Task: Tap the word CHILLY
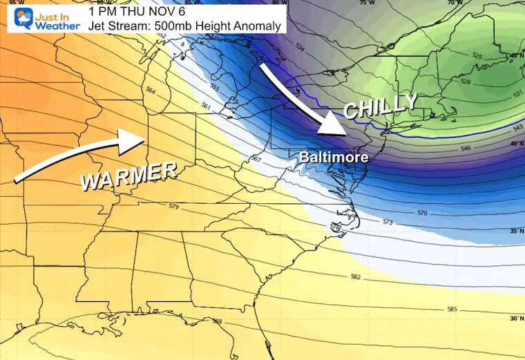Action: (380, 107)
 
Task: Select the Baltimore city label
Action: (334, 158)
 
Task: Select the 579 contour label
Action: (173, 207)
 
